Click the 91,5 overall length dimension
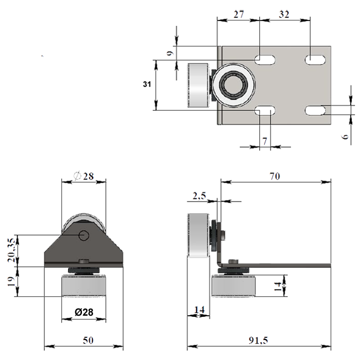258,340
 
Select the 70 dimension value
275,176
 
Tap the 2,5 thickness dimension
199,196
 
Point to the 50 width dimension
88,340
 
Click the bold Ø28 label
84,312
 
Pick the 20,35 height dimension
11,250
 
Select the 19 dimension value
11,281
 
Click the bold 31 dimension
147,84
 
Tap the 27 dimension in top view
239,14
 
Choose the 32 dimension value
284,14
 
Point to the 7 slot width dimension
265,141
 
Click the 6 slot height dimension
345,136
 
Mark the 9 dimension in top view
170,53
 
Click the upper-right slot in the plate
315,60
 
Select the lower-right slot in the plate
315,110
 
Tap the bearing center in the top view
233,85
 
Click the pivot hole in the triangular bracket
84,235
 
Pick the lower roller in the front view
84,286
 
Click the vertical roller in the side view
198,235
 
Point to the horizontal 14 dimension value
199,310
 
